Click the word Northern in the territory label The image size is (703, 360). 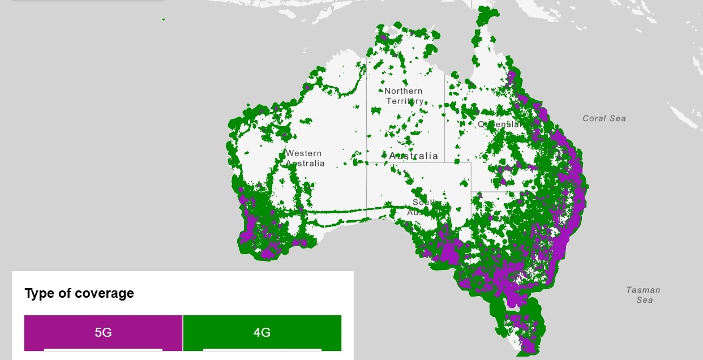coord(403,91)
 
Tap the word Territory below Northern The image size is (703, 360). coord(404,101)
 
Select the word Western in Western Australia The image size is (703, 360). coord(303,153)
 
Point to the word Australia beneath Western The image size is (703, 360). coord(305,164)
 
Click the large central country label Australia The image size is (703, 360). coord(414,156)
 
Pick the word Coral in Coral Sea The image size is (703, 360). coord(594,118)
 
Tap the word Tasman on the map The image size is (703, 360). coord(643,290)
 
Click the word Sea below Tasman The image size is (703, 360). coord(644,300)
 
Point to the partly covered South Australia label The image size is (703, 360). coord(422,207)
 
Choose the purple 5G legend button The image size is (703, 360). coord(103,332)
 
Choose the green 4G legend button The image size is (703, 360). coord(262,332)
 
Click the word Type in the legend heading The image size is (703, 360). coord(40,293)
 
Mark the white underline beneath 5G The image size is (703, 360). coord(103,349)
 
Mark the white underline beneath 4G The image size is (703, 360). coord(262,349)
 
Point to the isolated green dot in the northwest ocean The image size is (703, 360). coord(163,20)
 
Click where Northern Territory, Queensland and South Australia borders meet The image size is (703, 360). coord(444,162)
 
